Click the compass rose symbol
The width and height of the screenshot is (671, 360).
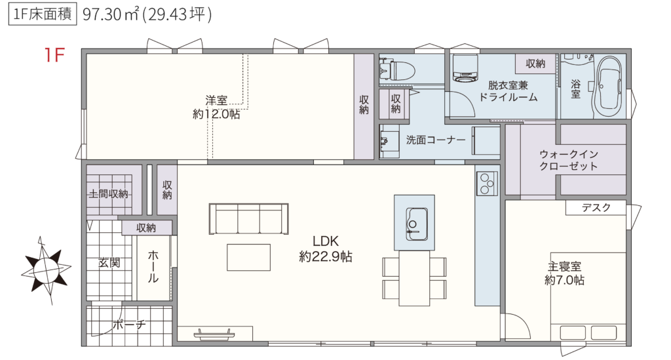(x=47, y=270)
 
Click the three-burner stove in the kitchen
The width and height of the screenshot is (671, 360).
(x=487, y=183)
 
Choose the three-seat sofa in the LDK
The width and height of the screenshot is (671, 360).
(x=248, y=219)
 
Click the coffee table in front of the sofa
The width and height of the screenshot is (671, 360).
(x=248, y=257)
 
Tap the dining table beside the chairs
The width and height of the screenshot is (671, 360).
(x=414, y=278)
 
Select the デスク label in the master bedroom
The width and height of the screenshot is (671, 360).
(x=596, y=208)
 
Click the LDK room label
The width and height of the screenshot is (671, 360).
(x=326, y=241)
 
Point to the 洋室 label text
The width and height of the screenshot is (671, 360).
(x=216, y=100)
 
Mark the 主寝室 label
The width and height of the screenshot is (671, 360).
(x=564, y=267)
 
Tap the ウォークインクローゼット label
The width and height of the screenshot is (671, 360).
(x=568, y=160)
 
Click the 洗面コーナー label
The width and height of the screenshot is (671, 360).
(x=436, y=140)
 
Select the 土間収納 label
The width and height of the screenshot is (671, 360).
(x=108, y=194)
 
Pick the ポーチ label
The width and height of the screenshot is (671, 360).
(x=129, y=325)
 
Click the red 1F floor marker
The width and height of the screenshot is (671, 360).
(x=54, y=55)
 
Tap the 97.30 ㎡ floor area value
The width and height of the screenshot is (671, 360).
(x=111, y=14)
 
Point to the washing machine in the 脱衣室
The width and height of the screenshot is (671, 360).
(x=465, y=68)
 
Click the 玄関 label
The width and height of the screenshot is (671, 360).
(x=109, y=263)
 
